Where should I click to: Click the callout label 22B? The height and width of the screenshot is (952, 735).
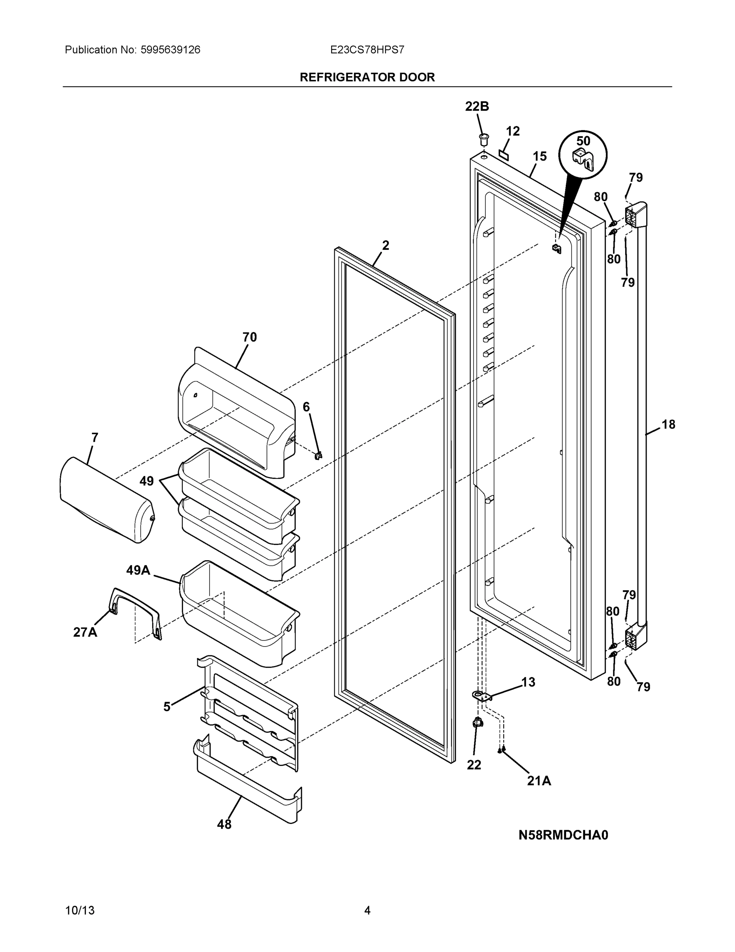(477, 106)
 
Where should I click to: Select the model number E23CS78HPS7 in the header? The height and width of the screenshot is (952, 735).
(367, 50)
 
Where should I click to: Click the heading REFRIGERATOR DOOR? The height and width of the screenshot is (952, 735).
(367, 77)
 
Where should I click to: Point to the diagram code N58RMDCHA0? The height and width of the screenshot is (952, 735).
(563, 835)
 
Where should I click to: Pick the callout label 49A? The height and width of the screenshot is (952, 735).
(138, 570)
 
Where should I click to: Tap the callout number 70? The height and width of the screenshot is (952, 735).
(250, 337)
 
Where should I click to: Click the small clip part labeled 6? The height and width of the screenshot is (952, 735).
(318, 455)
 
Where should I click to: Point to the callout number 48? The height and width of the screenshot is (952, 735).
(224, 824)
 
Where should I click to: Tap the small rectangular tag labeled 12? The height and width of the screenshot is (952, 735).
(504, 154)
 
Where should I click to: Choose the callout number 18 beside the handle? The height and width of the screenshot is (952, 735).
(668, 424)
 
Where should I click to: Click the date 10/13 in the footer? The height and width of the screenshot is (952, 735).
(80, 911)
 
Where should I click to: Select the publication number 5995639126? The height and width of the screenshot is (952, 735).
(170, 50)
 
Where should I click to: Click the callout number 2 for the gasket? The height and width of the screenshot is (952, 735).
(386, 246)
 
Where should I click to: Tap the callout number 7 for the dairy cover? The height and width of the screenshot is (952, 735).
(94, 437)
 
